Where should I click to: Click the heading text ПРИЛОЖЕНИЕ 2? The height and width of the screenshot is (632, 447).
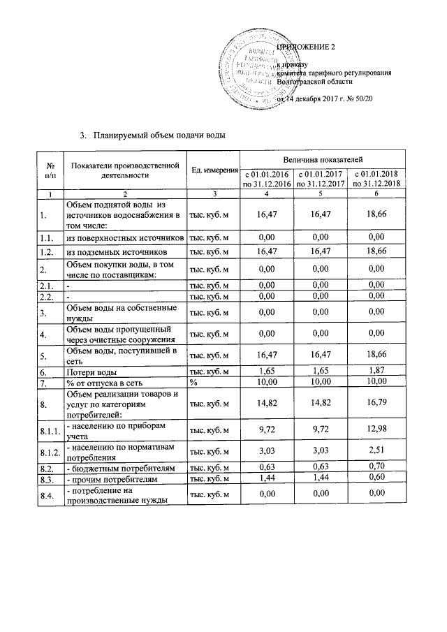coord(307,47)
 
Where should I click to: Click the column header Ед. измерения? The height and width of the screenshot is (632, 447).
coord(214,171)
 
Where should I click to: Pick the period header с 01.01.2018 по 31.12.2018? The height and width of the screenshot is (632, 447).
coord(376,178)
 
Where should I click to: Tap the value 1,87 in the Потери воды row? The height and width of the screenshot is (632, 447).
coord(376,372)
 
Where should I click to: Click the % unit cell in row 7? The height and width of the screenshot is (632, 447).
coord(194,383)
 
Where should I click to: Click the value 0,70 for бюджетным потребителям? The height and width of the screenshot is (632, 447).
coord(376,467)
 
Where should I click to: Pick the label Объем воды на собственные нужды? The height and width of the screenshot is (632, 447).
coord(119,312)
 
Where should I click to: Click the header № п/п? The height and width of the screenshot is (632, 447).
coord(50,171)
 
